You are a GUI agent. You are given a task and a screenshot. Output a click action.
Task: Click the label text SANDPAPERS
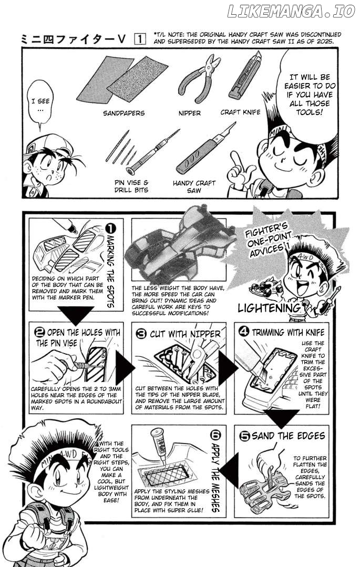[x=124, y=113]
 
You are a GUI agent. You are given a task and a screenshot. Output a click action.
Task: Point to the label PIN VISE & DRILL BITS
[x=131, y=186]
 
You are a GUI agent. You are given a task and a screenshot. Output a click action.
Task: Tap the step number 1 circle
[x=110, y=228]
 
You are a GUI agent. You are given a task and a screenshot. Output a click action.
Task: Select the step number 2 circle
[x=40, y=332]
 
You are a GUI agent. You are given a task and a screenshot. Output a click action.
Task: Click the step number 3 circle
[x=141, y=334]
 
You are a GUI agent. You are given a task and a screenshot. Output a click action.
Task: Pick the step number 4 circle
[x=244, y=332]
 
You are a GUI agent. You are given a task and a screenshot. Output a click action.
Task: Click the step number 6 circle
[x=215, y=434]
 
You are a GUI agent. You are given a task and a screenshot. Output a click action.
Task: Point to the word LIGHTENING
[x=269, y=308]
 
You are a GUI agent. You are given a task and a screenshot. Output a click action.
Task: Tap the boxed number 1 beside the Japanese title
[x=140, y=39]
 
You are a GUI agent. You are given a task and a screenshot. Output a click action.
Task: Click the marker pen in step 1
[x=66, y=225]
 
